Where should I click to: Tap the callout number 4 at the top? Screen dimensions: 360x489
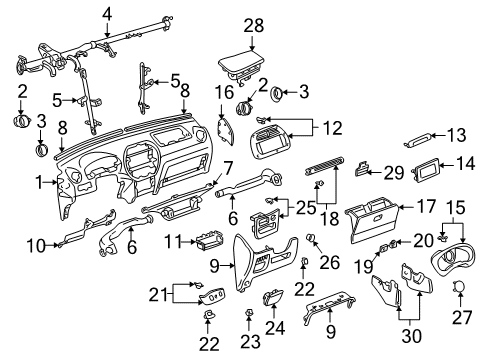(x=107, y=13)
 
